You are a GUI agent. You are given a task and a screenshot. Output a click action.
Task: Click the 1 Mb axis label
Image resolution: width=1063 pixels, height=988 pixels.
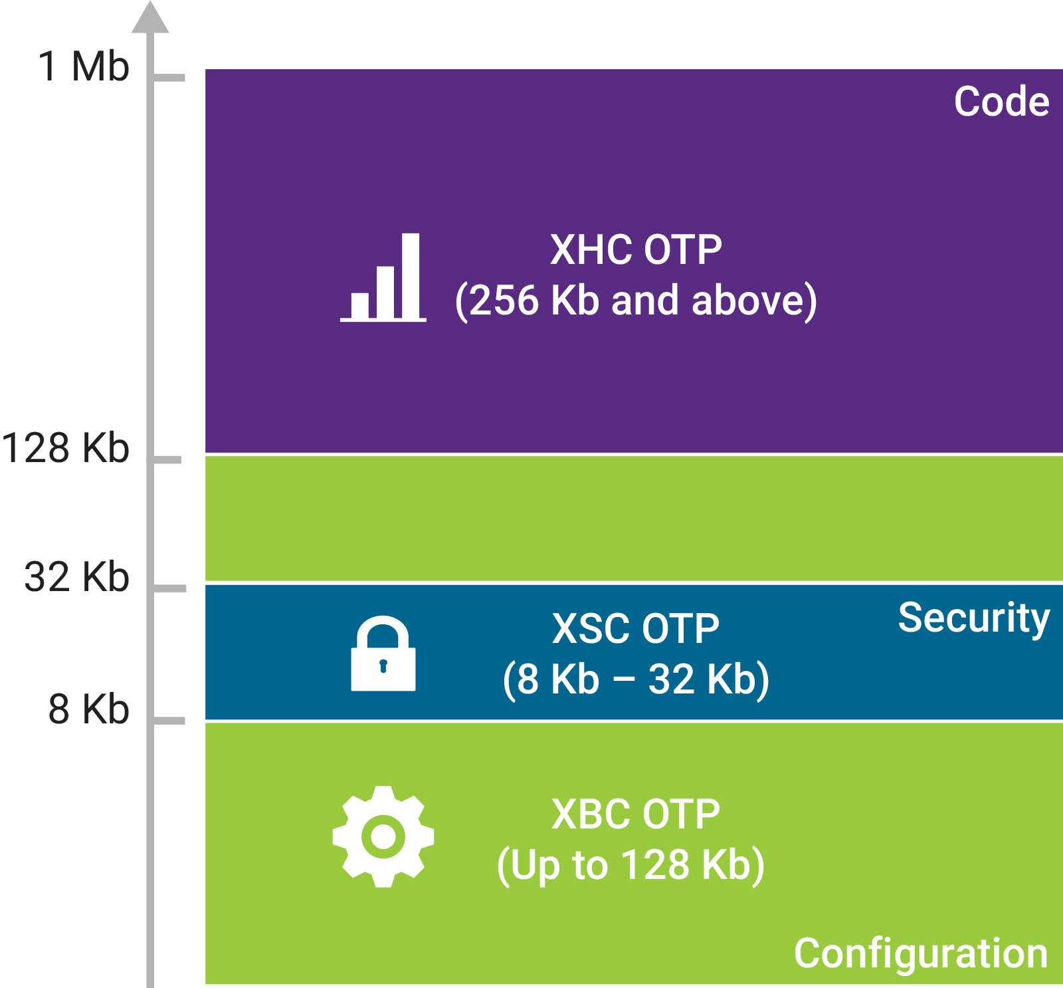click(83, 66)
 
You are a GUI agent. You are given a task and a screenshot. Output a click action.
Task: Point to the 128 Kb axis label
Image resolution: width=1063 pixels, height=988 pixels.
click(65, 447)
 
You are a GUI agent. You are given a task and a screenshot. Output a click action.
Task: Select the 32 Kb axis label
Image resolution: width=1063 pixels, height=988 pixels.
click(76, 576)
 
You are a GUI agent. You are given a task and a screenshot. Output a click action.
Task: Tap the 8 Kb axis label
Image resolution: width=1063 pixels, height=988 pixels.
click(88, 709)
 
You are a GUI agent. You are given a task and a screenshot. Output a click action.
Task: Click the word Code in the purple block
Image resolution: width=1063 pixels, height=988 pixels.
click(1001, 102)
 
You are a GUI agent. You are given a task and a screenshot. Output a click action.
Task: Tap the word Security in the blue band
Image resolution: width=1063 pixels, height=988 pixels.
click(973, 618)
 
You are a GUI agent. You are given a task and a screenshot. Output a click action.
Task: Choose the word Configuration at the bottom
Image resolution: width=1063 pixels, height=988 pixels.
click(921, 953)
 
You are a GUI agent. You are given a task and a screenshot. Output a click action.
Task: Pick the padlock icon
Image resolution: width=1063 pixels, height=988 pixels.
click(383, 654)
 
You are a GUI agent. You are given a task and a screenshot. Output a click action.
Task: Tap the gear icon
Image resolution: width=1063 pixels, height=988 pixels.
click(383, 836)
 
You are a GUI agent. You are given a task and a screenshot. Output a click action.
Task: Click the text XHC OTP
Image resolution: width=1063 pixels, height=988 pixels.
click(636, 250)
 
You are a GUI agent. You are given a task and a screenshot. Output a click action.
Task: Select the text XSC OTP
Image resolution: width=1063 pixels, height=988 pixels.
click(636, 628)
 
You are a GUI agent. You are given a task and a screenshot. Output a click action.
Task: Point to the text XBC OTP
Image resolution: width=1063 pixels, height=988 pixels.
click(636, 814)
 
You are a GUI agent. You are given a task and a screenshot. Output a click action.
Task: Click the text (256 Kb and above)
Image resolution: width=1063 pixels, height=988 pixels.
click(636, 301)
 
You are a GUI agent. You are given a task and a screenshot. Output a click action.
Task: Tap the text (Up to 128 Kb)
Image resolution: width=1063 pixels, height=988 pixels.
click(631, 865)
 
